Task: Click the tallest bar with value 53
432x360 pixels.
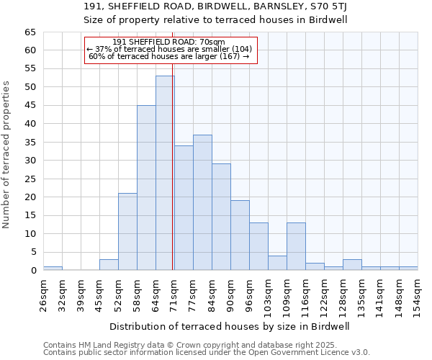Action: tap(165, 173)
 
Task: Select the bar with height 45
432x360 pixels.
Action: tap(146, 187)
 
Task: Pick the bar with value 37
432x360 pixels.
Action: tap(202, 202)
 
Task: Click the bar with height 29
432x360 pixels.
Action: tap(221, 217)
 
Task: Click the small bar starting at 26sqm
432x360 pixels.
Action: tap(53, 268)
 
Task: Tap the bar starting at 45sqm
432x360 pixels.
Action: tap(109, 264)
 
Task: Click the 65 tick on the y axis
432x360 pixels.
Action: tap(30, 32)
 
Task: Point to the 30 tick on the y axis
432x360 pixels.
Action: tap(30, 161)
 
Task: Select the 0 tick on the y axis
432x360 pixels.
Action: tap(33, 271)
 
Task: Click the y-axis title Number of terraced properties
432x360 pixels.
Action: tap(6, 155)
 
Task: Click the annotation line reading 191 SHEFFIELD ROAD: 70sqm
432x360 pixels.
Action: tap(169, 42)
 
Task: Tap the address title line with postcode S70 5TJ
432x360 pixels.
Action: tap(215, 6)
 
